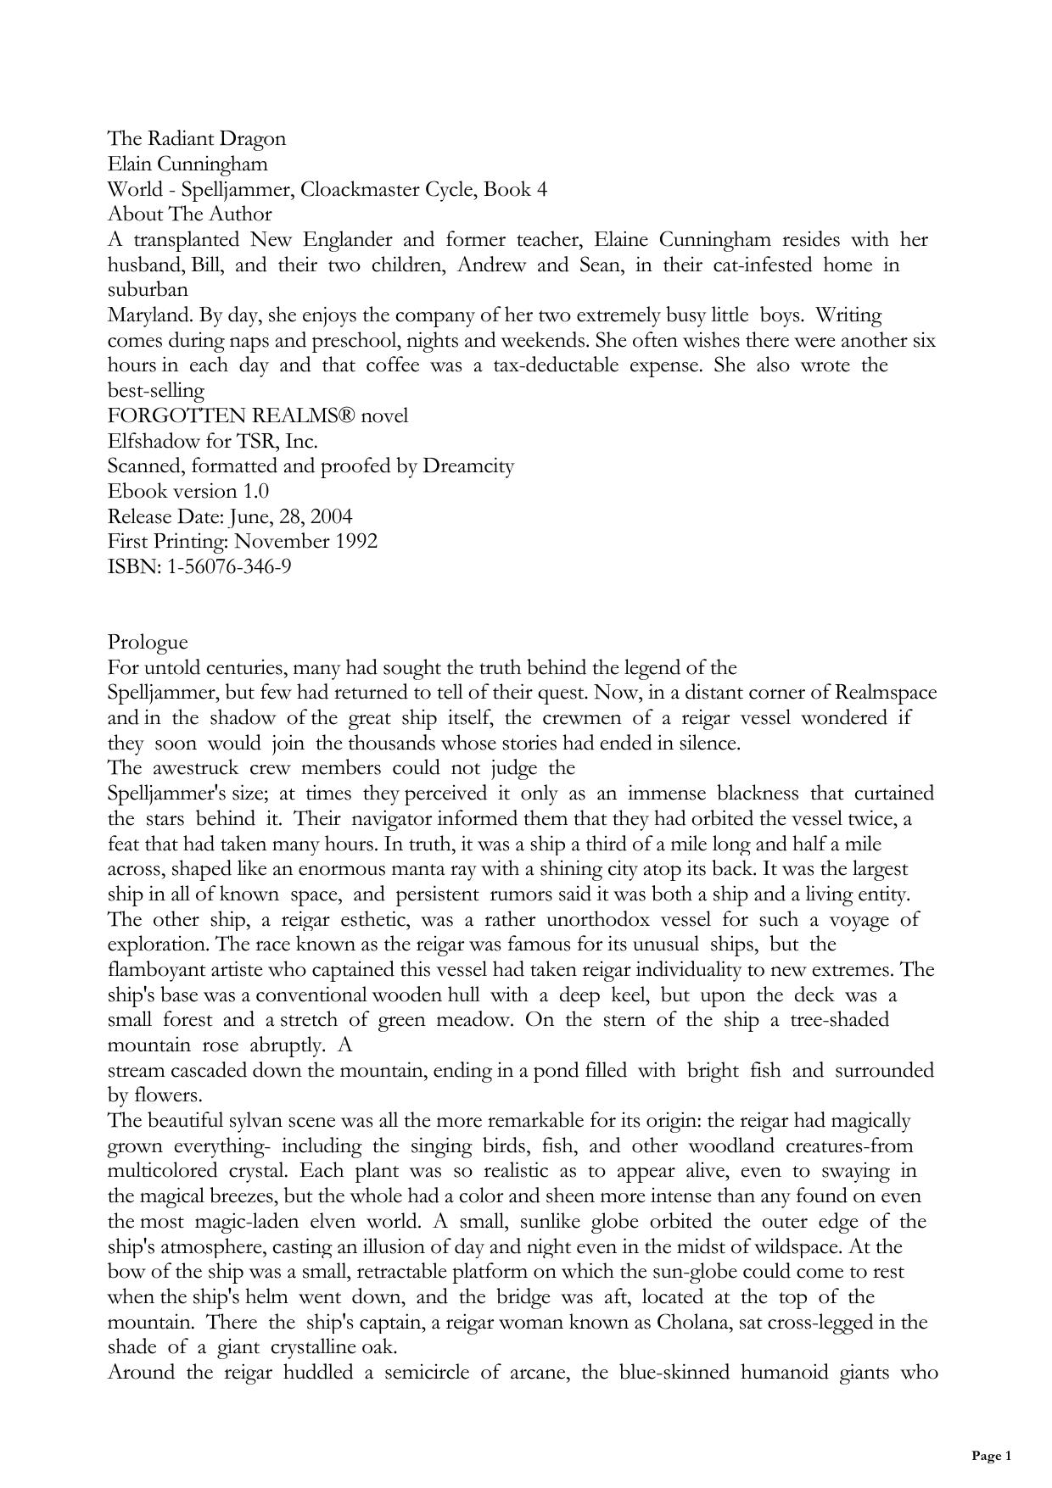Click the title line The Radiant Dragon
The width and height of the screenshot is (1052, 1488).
pos(197,138)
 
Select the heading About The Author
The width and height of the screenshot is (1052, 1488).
pos(190,214)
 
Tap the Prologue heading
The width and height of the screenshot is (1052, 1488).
pos(148,642)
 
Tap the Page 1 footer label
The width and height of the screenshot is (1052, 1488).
pos(991,1455)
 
